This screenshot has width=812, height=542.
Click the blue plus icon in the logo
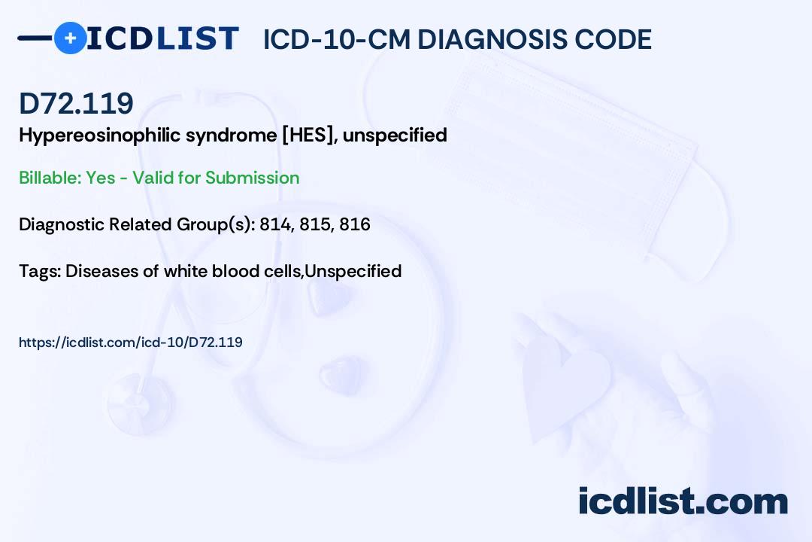[x=70, y=38]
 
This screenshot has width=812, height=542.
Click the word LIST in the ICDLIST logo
[x=197, y=38]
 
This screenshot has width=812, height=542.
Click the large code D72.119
[x=76, y=103]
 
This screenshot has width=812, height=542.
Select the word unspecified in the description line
[x=395, y=135]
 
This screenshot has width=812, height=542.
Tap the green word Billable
[x=50, y=178]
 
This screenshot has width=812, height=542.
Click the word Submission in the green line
[x=252, y=178]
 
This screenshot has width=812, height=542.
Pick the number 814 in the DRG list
[x=275, y=224]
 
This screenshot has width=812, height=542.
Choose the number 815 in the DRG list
[x=315, y=224]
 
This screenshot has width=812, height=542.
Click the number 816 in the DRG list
[x=355, y=224]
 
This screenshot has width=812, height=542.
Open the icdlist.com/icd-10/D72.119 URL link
[x=131, y=343]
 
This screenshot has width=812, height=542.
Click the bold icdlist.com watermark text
[x=683, y=501]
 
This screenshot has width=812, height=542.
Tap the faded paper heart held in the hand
[x=565, y=384]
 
